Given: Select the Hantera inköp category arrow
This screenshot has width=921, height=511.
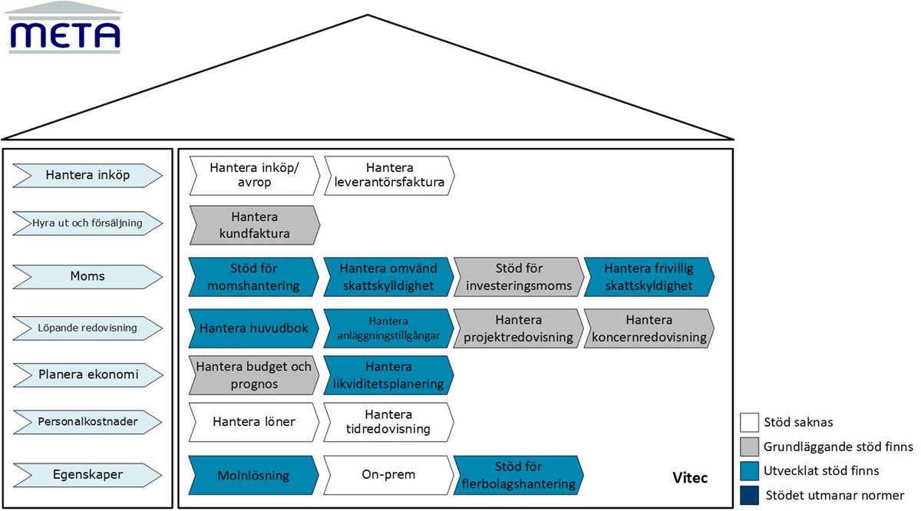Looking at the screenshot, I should (87, 176).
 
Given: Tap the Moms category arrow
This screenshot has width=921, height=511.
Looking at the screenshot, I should (87, 275).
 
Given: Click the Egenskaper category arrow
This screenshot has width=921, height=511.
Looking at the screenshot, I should (87, 475).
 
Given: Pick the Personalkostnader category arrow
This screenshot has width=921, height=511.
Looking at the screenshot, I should (87, 421).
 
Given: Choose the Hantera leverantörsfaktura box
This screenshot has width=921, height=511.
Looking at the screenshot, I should (389, 176).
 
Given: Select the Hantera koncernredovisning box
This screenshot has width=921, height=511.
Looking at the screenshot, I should (649, 328).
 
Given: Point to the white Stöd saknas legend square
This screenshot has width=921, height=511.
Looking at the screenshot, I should (749, 422).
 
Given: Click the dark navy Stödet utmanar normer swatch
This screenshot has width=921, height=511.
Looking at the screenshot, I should (749, 495).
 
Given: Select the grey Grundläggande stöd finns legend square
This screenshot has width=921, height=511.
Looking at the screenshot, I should (749, 447).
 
